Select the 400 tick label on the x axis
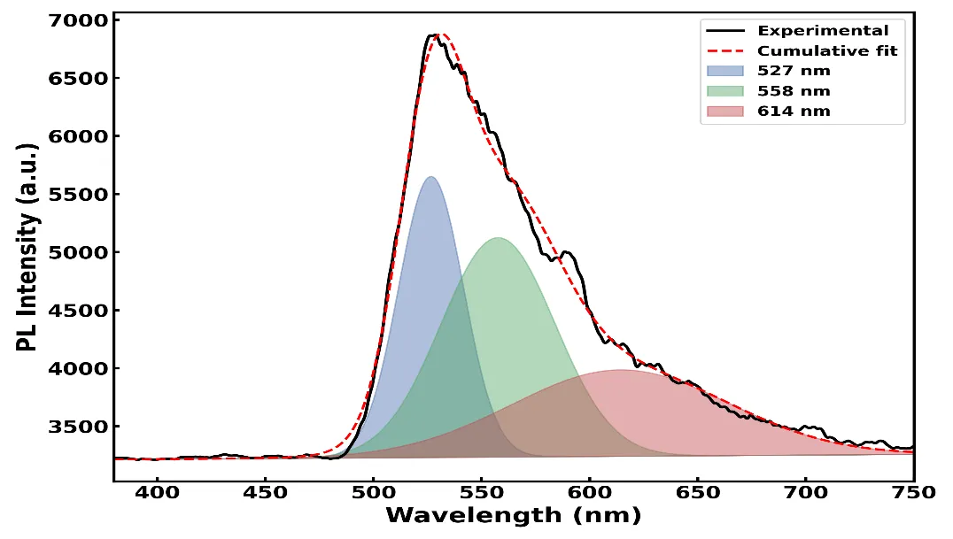[x=158, y=492]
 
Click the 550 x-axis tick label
[x=481, y=492]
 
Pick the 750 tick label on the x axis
[x=914, y=492]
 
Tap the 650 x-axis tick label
[x=698, y=492]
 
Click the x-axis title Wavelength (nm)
[x=514, y=516]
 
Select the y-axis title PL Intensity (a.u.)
[x=27, y=248]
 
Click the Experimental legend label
[x=822, y=31]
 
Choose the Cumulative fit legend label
[x=827, y=51]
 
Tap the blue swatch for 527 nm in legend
[x=725, y=71]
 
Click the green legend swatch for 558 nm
[x=725, y=91]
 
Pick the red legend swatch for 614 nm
[x=725, y=112]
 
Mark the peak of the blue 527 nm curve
[x=431, y=177]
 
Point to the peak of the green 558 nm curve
[x=498, y=237]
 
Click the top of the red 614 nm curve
[x=620, y=369]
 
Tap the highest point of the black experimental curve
[x=433, y=35]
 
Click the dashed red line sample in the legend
[x=725, y=51]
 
